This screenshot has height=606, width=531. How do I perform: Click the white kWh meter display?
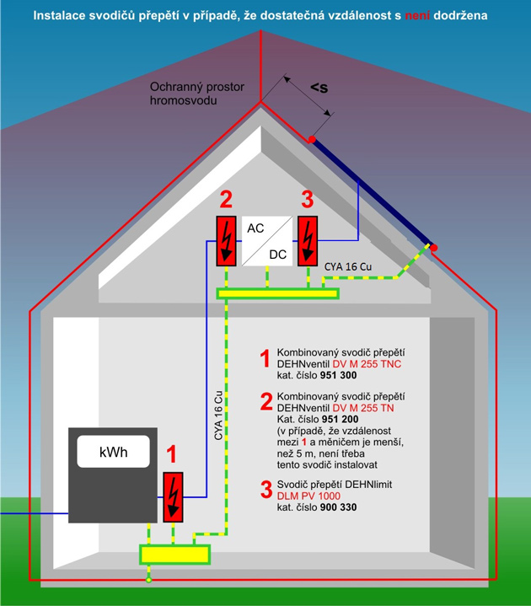tap(113, 453)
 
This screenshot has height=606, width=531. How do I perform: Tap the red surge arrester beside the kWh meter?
tap(173, 496)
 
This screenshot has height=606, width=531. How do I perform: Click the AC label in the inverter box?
tap(255, 228)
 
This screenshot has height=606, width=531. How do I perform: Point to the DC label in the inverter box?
tap(278, 253)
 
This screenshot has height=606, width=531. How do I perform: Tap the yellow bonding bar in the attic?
tap(277, 293)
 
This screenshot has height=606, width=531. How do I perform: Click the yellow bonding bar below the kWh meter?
tap(174, 554)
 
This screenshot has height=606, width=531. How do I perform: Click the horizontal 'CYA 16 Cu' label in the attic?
tap(348, 267)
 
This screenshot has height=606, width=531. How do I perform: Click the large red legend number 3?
tap(265, 490)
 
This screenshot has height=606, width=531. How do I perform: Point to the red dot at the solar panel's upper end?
tap(312, 138)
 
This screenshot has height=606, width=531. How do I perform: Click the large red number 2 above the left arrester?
tap(225, 200)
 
